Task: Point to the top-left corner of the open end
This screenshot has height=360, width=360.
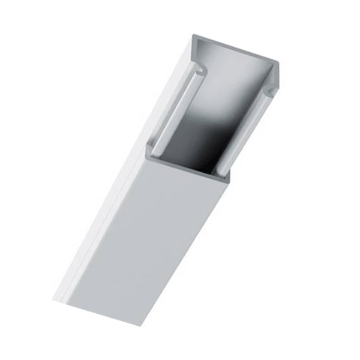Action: point(193,37)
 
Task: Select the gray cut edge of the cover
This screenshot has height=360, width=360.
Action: point(186,166)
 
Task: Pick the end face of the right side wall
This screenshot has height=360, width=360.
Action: point(276,75)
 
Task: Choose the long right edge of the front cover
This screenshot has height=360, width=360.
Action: point(186,252)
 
